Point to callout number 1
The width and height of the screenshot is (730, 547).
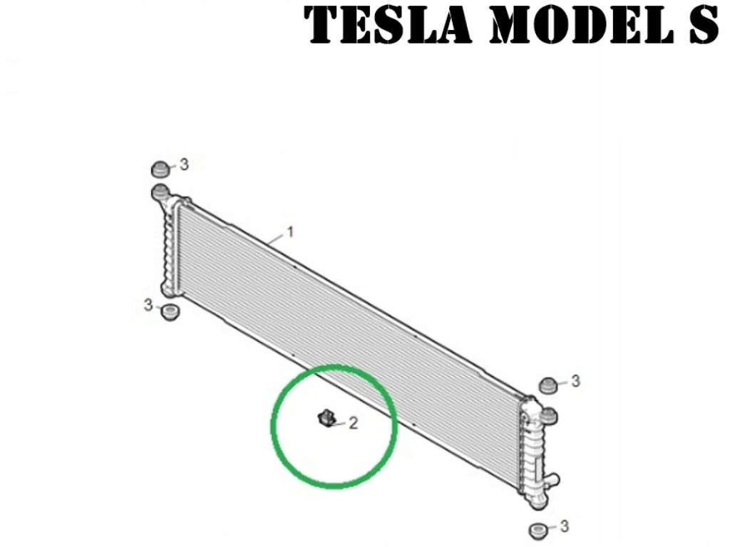[290, 232]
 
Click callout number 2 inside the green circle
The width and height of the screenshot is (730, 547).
[352, 424]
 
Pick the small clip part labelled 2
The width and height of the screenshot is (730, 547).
[327, 418]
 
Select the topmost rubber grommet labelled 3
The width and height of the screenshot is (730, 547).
[161, 170]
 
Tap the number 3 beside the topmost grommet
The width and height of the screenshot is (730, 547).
[184, 165]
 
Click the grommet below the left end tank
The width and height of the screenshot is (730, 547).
[168, 312]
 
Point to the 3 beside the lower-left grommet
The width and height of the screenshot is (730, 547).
[148, 305]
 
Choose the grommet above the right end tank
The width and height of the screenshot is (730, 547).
[547, 385]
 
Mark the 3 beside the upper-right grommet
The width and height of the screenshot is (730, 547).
[575, 381]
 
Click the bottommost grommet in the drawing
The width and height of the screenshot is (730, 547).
[538, 531]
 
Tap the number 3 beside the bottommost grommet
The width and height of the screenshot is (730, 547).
[565, 526]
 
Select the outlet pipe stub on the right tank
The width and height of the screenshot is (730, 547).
[552, 482]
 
